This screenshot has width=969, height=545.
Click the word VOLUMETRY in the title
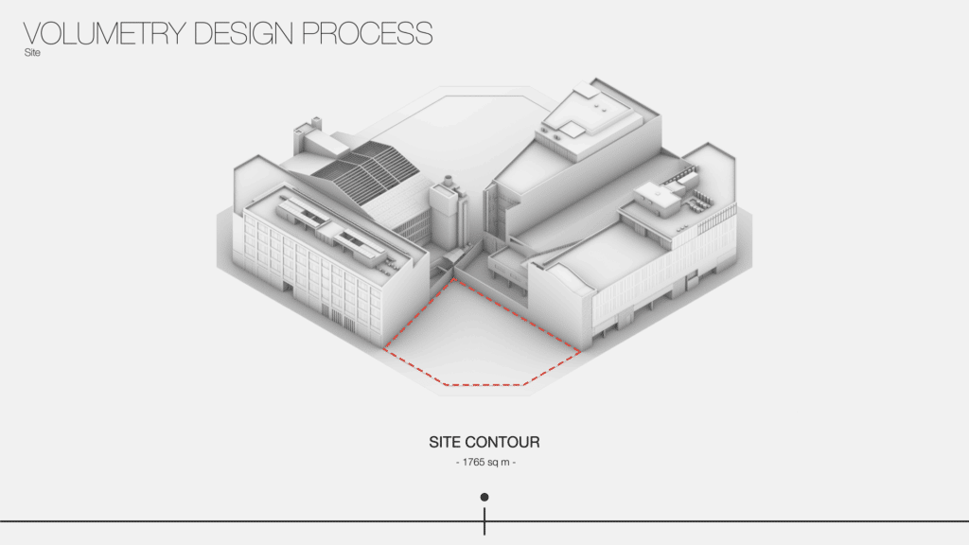point(104,33)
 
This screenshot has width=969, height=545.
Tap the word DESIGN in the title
point(243,33)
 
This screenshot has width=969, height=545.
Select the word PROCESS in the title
point(367,33)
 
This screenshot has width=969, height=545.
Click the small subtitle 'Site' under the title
point(32,53)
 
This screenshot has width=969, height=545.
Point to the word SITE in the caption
point(445,443)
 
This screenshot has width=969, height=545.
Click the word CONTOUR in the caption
point(502,443)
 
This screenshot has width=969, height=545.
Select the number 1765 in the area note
point(473,462)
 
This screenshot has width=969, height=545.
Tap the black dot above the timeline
point(484,497)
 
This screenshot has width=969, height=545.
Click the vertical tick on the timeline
point(484,521)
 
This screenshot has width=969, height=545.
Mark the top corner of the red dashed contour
point(454,279)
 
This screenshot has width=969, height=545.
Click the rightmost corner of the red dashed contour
point(580,352)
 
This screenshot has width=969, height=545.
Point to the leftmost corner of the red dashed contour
point(383,349)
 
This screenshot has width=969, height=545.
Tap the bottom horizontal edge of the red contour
point(485,385)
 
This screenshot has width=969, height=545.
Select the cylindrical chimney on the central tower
point(449,181)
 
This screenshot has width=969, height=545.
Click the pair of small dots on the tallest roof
point(599,106)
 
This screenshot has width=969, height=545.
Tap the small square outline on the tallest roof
point(572,129)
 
